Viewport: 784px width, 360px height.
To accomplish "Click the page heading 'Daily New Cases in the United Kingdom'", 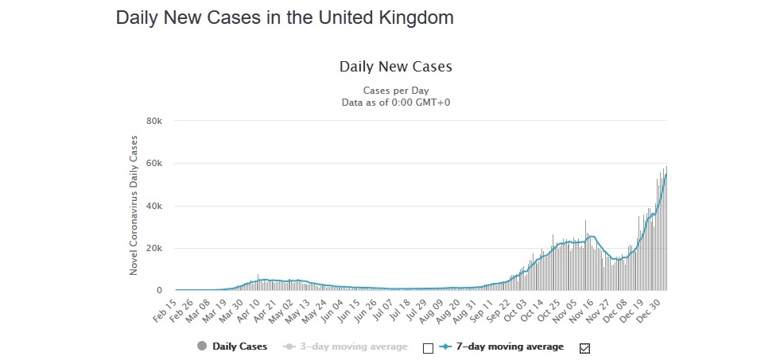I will click(285, 17).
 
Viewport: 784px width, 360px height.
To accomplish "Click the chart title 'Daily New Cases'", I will click(395, 66).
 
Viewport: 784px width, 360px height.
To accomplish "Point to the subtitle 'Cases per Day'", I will click(395, 90).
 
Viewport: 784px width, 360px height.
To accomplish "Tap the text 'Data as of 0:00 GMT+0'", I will click(395, 102).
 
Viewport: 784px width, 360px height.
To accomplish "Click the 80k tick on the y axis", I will click(153, 121).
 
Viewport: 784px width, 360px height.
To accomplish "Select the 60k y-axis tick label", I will click(153, 164).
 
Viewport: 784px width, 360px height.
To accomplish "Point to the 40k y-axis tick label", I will click(153, 206).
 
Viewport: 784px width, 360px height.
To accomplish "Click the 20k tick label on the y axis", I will click(153, 249).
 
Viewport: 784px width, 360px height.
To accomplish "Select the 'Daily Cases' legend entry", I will click(239, 346).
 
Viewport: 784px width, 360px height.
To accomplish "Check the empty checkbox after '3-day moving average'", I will click(429, 347).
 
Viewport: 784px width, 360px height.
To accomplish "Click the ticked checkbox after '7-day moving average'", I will click(586, 347).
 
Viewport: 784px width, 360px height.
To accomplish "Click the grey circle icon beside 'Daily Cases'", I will click(201, 346).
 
